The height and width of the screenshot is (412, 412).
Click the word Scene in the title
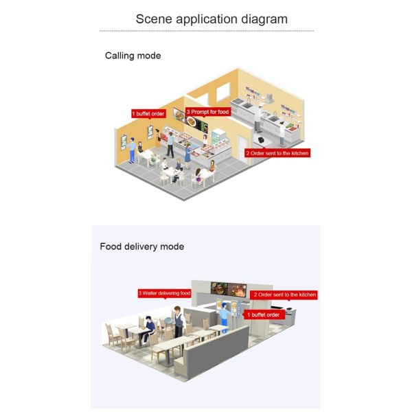(x=154, y=19)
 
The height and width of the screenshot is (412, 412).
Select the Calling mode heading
(x=133, y=56)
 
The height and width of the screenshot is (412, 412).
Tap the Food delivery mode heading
(x=142, y=247)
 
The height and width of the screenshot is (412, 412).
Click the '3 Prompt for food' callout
(x=208, y=112)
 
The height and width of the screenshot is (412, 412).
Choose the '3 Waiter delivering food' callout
(x=165, y=293)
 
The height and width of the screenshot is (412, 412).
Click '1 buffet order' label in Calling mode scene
(x=148, y=114)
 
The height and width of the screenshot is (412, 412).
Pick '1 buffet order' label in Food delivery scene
(x=264, y=314)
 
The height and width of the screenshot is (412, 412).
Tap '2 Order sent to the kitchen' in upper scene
(x=277, y=153)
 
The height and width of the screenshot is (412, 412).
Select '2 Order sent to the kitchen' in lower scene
(x=284, y=295)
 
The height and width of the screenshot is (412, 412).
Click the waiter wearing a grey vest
(x=179, y=322)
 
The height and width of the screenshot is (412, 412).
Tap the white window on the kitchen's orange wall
(x=222, y=92)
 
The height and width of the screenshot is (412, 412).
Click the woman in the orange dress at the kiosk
(x=158, y=139)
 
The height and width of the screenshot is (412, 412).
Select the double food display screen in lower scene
(x=229, y=289)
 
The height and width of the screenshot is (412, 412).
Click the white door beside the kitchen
(x=242, y=149)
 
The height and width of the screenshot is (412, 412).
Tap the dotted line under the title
(x=207, y=31)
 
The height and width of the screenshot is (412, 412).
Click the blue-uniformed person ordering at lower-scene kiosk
(x=224, y=318)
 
